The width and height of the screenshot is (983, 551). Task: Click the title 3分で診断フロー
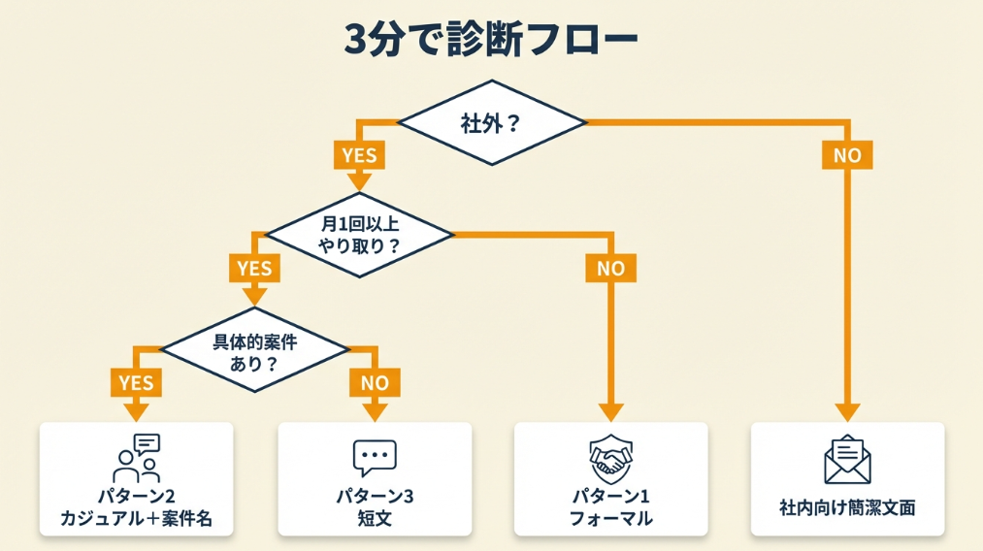[x=492, y=41]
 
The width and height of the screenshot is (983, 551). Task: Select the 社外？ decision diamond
[x=492, y=123]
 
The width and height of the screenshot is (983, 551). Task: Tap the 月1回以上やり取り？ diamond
[x=360, y=234]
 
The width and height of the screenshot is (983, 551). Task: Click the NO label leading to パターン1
[x=610, y=268]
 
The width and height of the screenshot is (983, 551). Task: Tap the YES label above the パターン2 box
[x=136, y=381]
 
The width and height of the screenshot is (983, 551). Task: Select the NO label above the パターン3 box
[x=375, y=381]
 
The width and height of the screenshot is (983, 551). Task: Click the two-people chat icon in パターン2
[x=137, y=458]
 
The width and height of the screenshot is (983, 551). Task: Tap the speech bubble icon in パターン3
[x=375, y=457]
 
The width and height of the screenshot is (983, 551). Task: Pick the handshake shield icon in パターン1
[x=610, y=457]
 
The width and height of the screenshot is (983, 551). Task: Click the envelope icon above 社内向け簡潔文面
[x=847, y=459]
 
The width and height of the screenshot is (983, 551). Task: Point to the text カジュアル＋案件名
[x=137, y=518]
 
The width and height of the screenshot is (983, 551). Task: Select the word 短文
[x=375, y=518]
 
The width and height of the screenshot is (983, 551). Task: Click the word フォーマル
[x=610, y=518]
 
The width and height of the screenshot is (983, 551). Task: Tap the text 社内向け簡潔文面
[x=847, y=507]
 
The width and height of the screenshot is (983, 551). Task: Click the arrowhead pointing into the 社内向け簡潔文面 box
[x=847, y=411]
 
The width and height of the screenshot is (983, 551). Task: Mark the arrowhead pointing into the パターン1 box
[x=610, y=411]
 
